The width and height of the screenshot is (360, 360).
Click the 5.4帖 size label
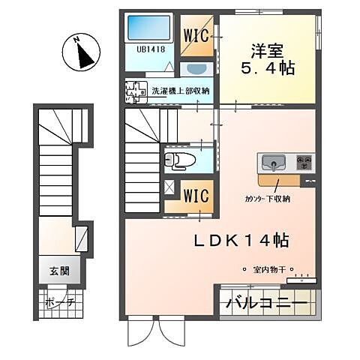(268, 68)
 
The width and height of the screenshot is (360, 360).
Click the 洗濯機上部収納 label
(181, 91)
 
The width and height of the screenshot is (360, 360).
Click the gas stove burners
(304, 161)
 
